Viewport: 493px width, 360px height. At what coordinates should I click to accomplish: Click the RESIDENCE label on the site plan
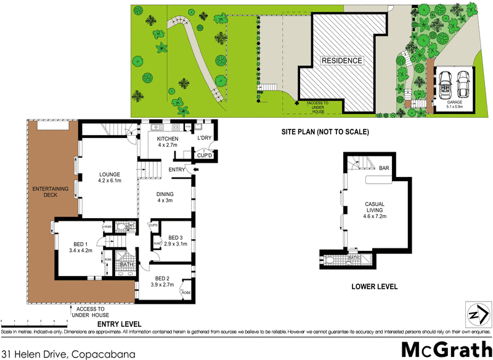[341, 60]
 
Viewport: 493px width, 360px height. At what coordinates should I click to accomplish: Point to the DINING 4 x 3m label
[166, 197]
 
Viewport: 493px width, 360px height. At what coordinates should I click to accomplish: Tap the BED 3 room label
[176, 241]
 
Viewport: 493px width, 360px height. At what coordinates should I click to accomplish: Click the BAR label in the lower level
[384, 168]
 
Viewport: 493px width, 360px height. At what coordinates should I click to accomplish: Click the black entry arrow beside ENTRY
[196, 170]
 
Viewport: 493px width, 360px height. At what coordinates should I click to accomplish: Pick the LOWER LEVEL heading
[374, 287]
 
